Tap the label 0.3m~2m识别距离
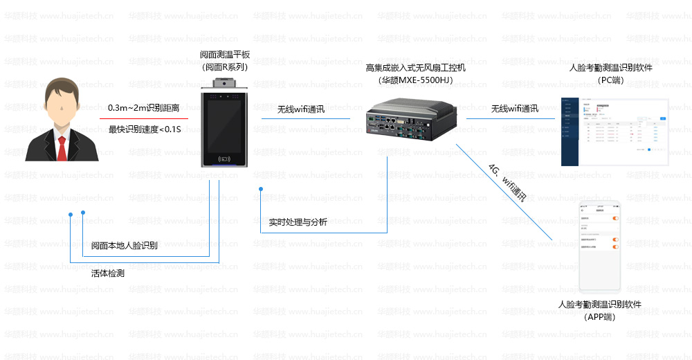pos(143,108)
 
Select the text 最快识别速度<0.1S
pos(140,129)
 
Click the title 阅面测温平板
pos(224,55)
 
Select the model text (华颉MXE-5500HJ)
pos(415,80)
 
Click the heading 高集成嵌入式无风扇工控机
pos(415,68)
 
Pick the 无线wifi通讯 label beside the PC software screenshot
pos(514,109)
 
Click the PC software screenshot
pos(614,132)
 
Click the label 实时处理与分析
pos(298,222)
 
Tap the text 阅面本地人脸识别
pos(125,246)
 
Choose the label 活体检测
pos(108,273)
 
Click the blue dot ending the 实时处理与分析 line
pos(261,189)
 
